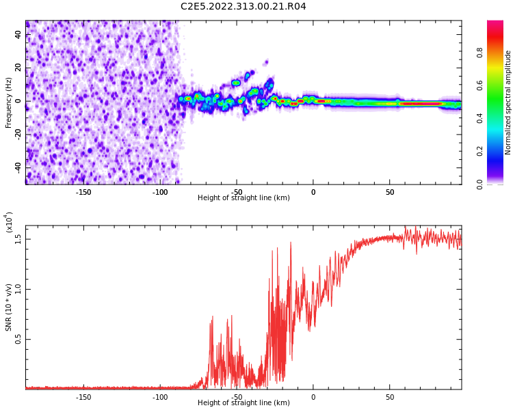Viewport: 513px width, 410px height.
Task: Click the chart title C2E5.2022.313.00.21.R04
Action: pyautogui.click(x=243, y=7)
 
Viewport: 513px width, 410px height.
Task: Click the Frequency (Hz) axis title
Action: pyautogui.click(x=9, y=102)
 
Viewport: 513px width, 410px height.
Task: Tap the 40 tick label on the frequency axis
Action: pyautogui.click(x=18, y=34)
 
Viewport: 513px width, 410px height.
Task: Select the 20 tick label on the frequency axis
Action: pyautogui.click(x=18, y=68)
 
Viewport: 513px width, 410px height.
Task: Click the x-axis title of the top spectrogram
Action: pyautogui.click(x=244, y=198)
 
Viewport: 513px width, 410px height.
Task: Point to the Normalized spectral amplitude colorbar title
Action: pyautogui.click(x=508, y=102)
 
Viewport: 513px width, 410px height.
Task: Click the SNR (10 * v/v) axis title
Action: pyautogui.click(x=9, y=307)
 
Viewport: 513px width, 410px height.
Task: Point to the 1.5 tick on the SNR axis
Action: pyautogui.click(x=18, y=238)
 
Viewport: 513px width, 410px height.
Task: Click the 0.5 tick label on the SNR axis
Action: pyautogui.click(x=18, y=339)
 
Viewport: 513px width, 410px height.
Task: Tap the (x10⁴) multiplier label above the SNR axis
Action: pyautogui.click(x=9, y=222)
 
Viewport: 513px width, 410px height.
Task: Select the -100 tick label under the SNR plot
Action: pyautogui.click(x=159, y=397)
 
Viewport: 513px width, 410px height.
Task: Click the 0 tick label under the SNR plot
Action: pyautogui.click(x=313, y=397)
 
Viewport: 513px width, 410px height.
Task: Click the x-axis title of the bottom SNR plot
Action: pyautogui.click(x=244, y=403)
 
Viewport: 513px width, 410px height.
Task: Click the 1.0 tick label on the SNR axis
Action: pyautogui.click(x=18, y=288)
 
